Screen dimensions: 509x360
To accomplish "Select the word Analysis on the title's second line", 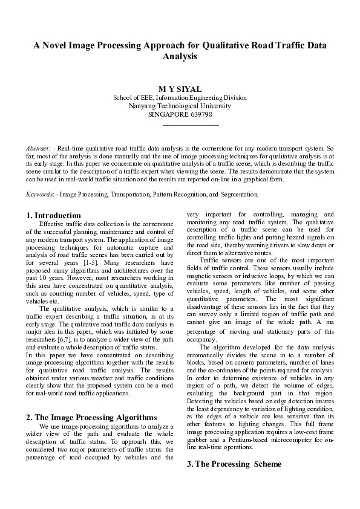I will pyautogui.click(x=180, y=56).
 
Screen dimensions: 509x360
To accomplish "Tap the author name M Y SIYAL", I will pyautogui.click(x=180, y=89).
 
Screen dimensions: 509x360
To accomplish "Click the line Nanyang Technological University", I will pyautogui.click(x=180, y=105).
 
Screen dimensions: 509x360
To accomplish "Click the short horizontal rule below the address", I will pyautogui.click(x=191, y=125).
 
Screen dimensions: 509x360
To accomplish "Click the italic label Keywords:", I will pyautogui.click(x=40, y=195).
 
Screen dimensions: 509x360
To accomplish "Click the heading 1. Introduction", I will pyautogui.click(x=54, y=215).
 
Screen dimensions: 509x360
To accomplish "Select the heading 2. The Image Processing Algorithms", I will pyautogui.click(x=92, y=417).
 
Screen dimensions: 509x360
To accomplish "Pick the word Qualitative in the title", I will pyautogui.click(x=222, y=45).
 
